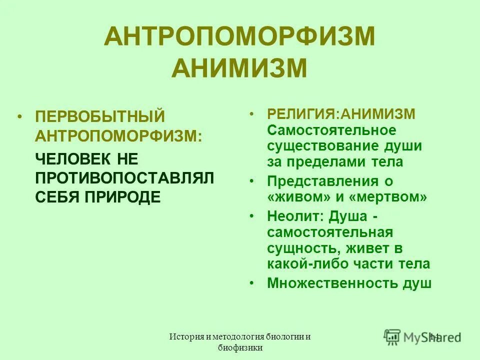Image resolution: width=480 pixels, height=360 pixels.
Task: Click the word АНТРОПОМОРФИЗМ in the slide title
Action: (239, 38)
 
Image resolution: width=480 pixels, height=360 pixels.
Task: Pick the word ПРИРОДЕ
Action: (125, 196)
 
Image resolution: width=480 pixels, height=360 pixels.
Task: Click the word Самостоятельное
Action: (331, 130)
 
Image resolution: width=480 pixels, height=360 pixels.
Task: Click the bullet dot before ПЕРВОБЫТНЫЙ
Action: (19, 117)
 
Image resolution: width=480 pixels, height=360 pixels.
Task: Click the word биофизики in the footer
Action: (239, 348)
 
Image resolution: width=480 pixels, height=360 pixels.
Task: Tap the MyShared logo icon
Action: (392, 336)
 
